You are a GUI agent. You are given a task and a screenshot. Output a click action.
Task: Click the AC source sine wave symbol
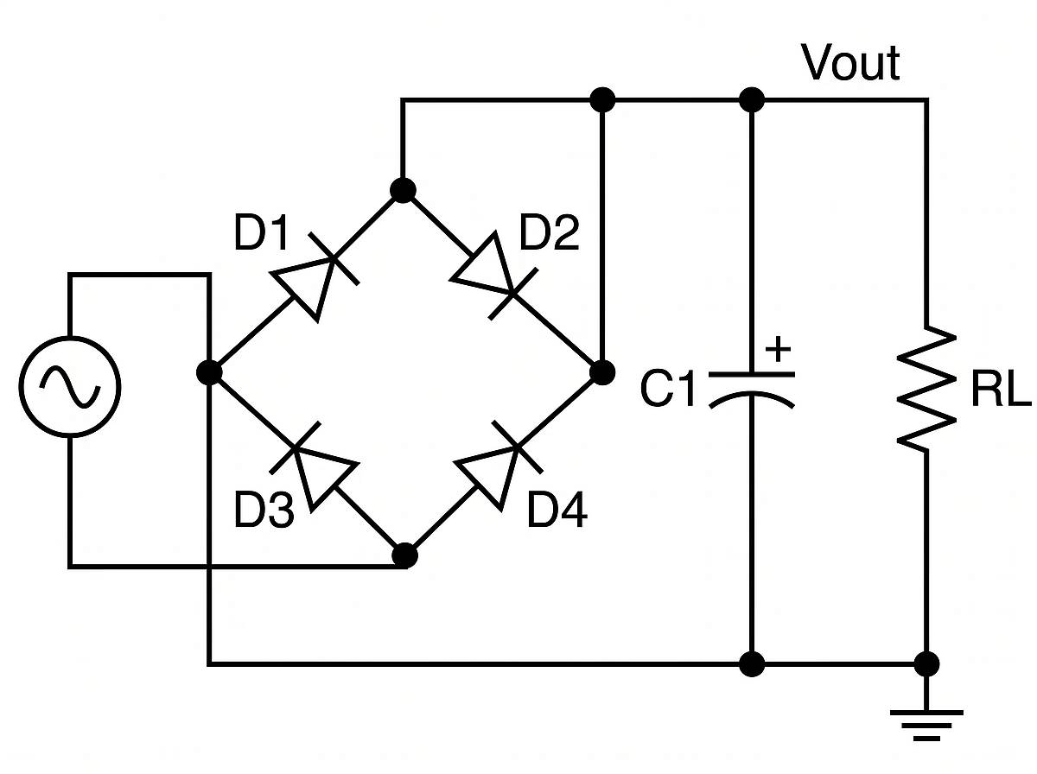point(70,385)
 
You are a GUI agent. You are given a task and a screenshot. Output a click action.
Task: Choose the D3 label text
point(263,511)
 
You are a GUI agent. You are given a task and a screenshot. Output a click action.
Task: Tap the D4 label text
point(557,511)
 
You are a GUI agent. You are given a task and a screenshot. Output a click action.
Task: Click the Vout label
point(850,63)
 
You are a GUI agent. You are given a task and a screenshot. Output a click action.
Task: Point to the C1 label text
point(667,390)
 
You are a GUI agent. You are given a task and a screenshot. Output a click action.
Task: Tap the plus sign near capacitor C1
point(779,351)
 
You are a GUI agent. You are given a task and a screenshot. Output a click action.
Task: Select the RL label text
point(1000,391)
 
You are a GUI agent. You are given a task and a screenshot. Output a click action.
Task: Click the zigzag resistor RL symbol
point(926,387)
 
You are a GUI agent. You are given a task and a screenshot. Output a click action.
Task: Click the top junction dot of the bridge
point(402,189)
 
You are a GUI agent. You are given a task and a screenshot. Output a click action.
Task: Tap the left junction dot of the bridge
point(208,372)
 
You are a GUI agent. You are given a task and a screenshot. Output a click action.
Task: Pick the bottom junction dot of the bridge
point(404,555)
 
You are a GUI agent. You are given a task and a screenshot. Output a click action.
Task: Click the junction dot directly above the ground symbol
point(926,663)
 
